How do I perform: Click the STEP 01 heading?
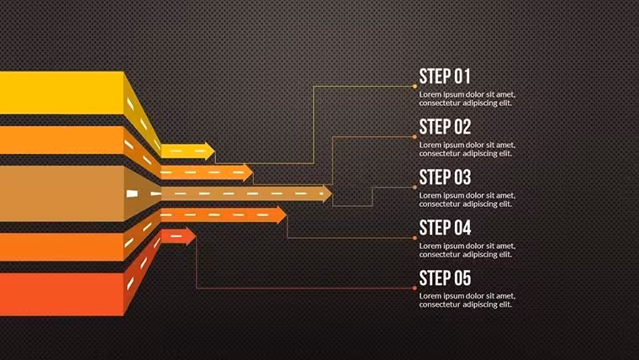click(445, 77)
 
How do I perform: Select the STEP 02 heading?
click(445, 127)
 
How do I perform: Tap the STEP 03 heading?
click(445, 177)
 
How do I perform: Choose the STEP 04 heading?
click(445, 228)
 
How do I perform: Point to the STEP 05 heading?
click(445, 278)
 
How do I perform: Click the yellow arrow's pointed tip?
click(214, 151)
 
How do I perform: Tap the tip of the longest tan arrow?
click(332, 193)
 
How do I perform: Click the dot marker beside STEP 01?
click(415, 87)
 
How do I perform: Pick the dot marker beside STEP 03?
click(415, 187)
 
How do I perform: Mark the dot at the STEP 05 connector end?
click(415, 289)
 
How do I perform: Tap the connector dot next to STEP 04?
click(415, 238)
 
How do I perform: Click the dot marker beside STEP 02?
click(415, 137)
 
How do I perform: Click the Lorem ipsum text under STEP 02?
click(467, 149)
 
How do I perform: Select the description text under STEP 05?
click(467, 300)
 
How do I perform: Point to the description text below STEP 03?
click(467, 200)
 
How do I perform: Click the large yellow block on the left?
click(61, 93)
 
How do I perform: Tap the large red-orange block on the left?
click(61, 294)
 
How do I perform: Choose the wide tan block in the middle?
click(61, 193)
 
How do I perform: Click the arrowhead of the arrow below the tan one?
click(282, 214)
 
